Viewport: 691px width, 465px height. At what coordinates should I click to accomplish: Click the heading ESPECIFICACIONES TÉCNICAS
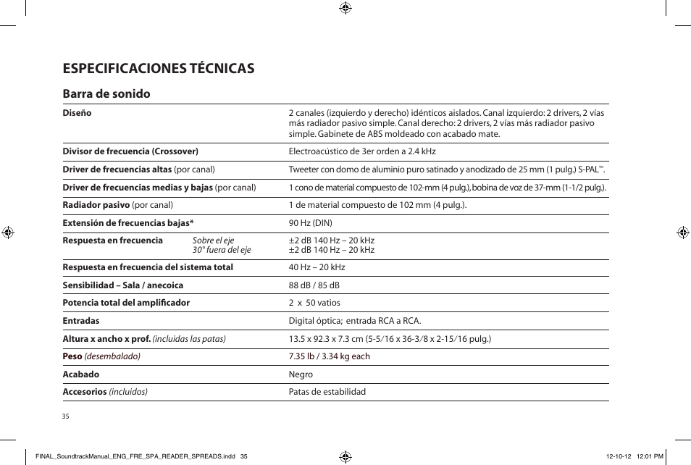tap(159, 68)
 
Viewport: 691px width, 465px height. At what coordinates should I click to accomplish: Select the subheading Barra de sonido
tap(106, 93)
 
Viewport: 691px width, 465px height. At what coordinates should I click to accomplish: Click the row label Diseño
tap(77, 113)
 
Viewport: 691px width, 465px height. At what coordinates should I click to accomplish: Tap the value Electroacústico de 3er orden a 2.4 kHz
tap(362, 151)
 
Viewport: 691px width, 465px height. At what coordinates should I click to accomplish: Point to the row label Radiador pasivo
tap(96, 205)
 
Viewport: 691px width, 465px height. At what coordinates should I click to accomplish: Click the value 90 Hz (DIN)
tap(310, 222)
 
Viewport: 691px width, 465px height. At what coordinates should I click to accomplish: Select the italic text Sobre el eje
tap(213, 240)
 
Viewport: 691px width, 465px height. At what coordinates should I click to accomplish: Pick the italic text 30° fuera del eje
tap(222, 250)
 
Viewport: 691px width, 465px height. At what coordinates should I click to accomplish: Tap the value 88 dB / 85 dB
tap(314, 285)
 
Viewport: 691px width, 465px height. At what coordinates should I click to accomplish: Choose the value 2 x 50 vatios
tap(314, 303)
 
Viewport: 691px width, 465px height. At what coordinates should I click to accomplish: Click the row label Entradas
tap(81, 320)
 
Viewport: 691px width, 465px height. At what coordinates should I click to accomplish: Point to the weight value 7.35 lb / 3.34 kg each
tap(329, 356)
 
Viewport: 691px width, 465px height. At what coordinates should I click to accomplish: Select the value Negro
tap(301, 374)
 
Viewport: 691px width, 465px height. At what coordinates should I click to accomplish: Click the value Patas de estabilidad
tap(327, 392)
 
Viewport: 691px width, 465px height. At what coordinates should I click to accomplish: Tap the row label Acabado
tap(81, 374)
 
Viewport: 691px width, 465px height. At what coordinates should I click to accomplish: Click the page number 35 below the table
tap(65, 416)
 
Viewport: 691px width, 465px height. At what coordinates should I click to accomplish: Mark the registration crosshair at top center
tap(345, 8)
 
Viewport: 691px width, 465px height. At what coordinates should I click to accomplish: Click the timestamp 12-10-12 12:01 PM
tap(634, 456)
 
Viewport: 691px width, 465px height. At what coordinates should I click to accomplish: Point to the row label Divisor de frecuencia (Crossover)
tap(130, 151)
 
